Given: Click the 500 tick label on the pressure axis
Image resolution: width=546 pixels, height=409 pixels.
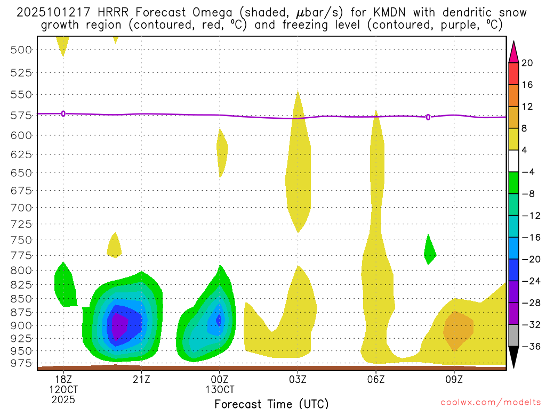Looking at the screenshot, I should (21, 50).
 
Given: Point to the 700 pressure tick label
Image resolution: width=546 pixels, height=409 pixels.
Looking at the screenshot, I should (21, 207).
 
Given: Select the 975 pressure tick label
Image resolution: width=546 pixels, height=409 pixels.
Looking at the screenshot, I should (21, 363).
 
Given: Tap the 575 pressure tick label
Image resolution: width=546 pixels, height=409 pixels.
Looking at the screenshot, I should (21, 115).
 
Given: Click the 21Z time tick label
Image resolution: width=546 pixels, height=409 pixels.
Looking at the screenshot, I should (141, 379).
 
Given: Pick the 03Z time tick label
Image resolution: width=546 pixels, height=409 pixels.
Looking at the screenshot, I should (298, 379).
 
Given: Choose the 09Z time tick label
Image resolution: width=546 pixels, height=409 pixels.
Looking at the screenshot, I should (454, 379).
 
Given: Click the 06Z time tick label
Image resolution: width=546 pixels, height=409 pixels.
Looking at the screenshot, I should (376, 379).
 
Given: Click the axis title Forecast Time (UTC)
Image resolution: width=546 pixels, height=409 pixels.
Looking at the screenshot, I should (271, 403).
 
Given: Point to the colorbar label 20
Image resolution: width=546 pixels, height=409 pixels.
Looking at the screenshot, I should (527, 63).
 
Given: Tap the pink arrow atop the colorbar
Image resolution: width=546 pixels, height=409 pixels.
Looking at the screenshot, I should (513, 52).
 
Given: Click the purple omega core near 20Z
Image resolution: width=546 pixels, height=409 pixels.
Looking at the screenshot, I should (117, 326).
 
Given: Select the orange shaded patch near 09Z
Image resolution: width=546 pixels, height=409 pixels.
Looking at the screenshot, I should (459, 329).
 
